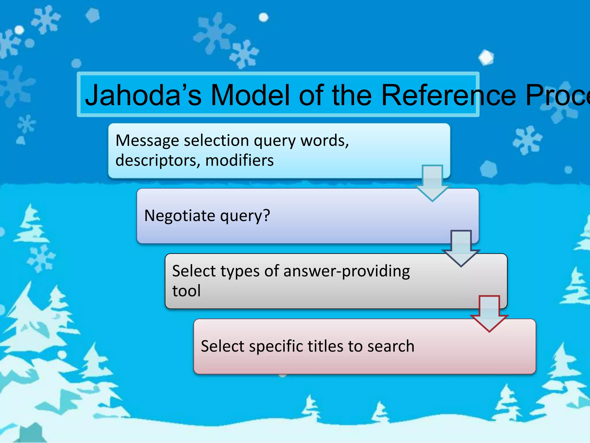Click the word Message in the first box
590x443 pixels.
click(147, 141)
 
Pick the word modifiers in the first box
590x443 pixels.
click(239, 161)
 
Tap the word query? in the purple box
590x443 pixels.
click(245, 216)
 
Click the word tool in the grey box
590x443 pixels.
click(186, 291)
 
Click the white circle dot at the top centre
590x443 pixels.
click(263, 18)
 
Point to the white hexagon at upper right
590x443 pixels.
click(486, 57)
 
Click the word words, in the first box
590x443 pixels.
click(324, 141)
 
